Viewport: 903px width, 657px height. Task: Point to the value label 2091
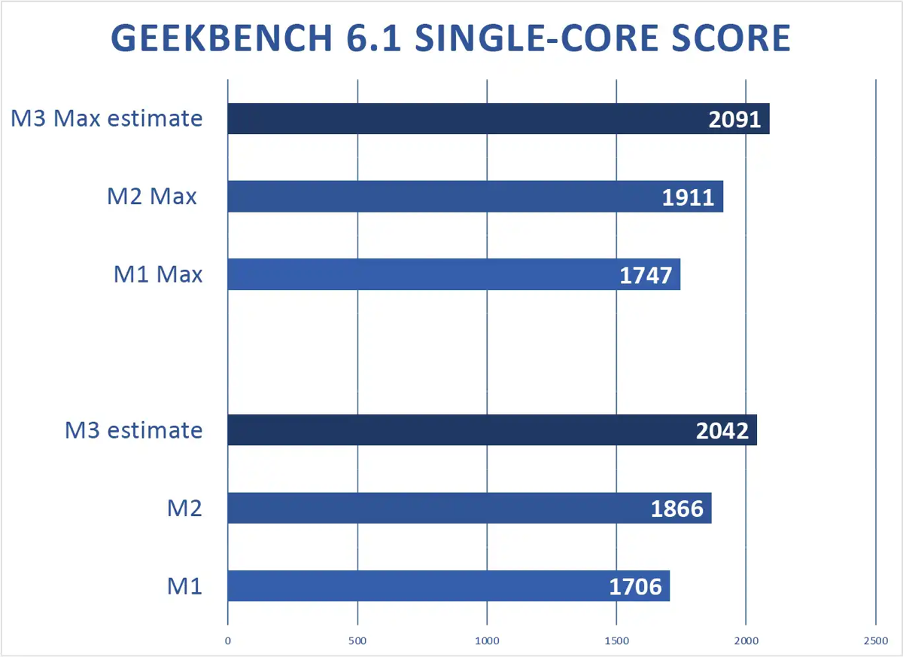tap(735, 120)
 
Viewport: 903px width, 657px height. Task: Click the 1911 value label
tap(689, 197)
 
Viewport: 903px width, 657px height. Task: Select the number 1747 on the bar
tap(646, 275)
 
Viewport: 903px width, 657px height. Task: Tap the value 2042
tap(722, 430)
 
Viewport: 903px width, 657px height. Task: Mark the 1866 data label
tap(677, 509)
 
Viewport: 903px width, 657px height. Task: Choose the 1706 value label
tap(635, 586)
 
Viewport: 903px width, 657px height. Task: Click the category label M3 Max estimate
tap(107, 118)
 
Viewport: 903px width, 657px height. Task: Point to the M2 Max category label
tap(152, 196)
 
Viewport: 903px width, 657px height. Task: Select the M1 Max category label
tap(158, 274)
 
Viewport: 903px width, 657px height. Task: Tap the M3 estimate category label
tap(133, 429)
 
